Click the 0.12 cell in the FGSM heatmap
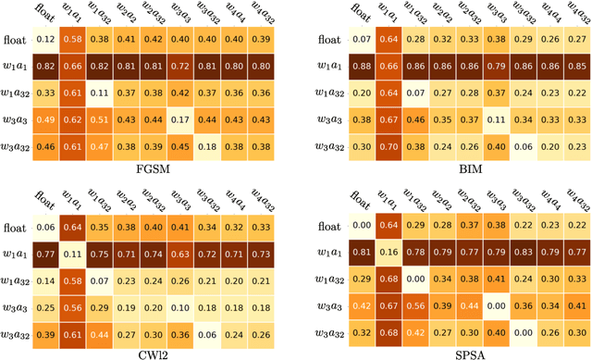click(x=44, y=40)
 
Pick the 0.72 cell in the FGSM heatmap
click(x=183, y=67)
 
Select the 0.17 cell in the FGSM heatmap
click(x=183, y=119)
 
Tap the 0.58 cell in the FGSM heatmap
click(x=72, y=40)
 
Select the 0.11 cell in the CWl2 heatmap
click(x=72, y=254)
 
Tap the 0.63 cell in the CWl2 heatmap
click(x=183, y=254)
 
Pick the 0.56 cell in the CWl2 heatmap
click(x=72, y=307)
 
